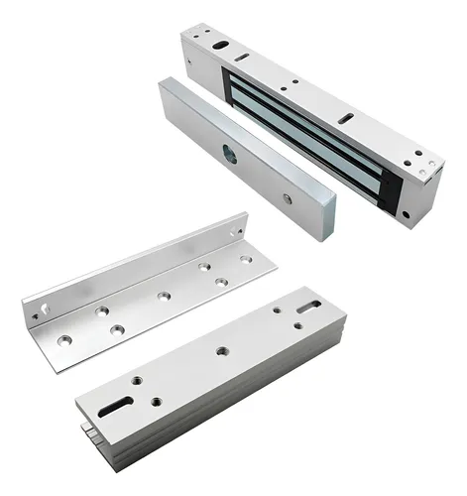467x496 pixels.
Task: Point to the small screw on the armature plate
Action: pos(287,198)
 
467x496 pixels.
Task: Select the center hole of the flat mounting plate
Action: pos(221,349)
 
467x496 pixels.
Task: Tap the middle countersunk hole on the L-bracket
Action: pos(161,296)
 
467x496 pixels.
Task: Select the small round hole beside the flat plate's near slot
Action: pos(155,402)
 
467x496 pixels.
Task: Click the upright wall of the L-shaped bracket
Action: pos(129,263)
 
